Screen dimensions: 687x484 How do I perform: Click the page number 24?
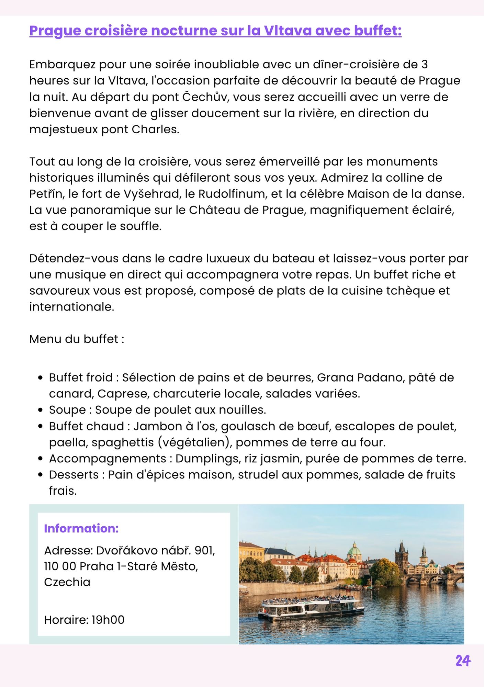[463, 661]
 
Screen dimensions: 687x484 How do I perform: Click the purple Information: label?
[81, 528]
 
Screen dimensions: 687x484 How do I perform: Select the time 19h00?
[108, 620]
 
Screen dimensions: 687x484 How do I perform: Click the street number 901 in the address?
[205, 550]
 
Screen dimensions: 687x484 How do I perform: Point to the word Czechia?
[67, 582]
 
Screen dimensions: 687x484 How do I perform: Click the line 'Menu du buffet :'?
[77, 339]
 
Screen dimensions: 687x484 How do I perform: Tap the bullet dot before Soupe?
[41, 410]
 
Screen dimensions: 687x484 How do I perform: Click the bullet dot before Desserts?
[41, 475]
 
